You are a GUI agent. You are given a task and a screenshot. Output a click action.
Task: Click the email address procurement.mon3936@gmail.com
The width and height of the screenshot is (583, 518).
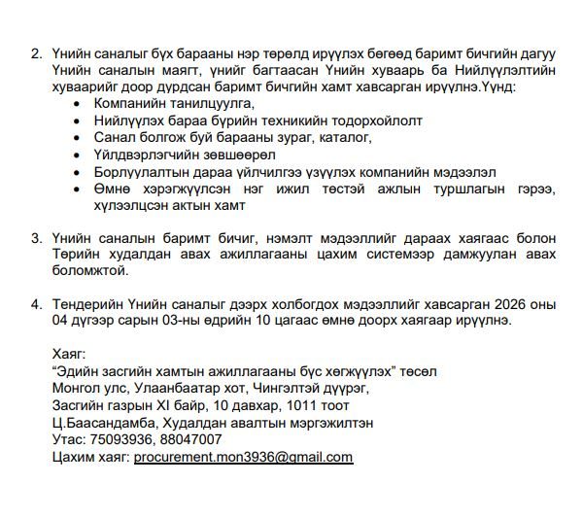click(x=243, y=457)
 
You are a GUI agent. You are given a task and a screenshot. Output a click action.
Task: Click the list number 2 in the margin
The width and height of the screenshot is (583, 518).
click(x=37, y=52)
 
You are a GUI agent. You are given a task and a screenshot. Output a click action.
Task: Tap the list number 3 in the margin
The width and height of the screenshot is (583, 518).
click(x=37, y=237)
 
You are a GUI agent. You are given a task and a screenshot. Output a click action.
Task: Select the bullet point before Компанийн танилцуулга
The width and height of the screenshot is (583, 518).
click(x=78, y=102)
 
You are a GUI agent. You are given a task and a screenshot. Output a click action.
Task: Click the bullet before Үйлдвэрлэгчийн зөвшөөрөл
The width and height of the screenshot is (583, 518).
click(x=78, y=154)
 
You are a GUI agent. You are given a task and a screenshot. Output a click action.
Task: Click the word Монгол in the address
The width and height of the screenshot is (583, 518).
click(x=82, y=387)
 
